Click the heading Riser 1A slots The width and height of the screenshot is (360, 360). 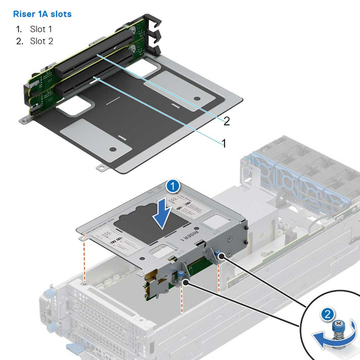[x=42, y=14]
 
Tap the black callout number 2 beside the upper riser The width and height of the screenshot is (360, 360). [x=227, y=121]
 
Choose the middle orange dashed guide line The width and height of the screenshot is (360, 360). [x=182, y=297]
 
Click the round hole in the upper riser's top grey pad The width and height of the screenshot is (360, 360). [x=196, y=98]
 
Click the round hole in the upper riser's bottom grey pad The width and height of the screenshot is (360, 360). [x=113, y=149]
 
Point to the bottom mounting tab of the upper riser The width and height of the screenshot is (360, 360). [x=101, y=166]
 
